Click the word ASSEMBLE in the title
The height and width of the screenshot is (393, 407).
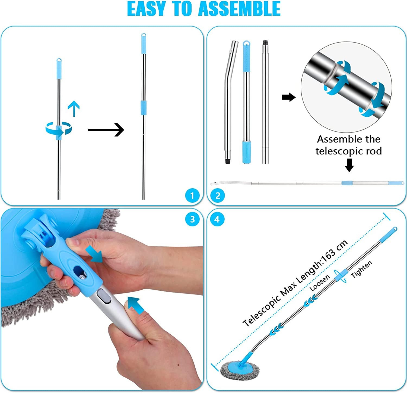pos(239,9)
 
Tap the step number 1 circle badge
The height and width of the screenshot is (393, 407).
pos(192,195)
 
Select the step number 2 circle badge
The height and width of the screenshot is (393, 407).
pos(218,195)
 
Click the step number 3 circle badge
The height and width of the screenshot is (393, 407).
pos(192,219)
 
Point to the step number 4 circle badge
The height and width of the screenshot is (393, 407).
pos(217,219)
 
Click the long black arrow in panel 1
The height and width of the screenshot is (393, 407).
pos(106,130)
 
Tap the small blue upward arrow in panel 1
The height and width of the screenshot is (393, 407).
pos(74,108)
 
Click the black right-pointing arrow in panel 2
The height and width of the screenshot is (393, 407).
pos(288,97)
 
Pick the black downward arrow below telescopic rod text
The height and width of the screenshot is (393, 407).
pos(349,165)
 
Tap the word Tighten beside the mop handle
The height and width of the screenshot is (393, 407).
pos(361,269)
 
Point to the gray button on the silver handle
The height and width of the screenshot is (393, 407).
pos(103,296)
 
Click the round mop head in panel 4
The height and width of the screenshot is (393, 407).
pos(239,370)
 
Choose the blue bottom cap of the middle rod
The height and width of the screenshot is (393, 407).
pos(246,152)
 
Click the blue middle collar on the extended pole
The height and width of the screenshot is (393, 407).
pos(144,107)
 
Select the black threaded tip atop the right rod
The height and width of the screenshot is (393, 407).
pos(265,43)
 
